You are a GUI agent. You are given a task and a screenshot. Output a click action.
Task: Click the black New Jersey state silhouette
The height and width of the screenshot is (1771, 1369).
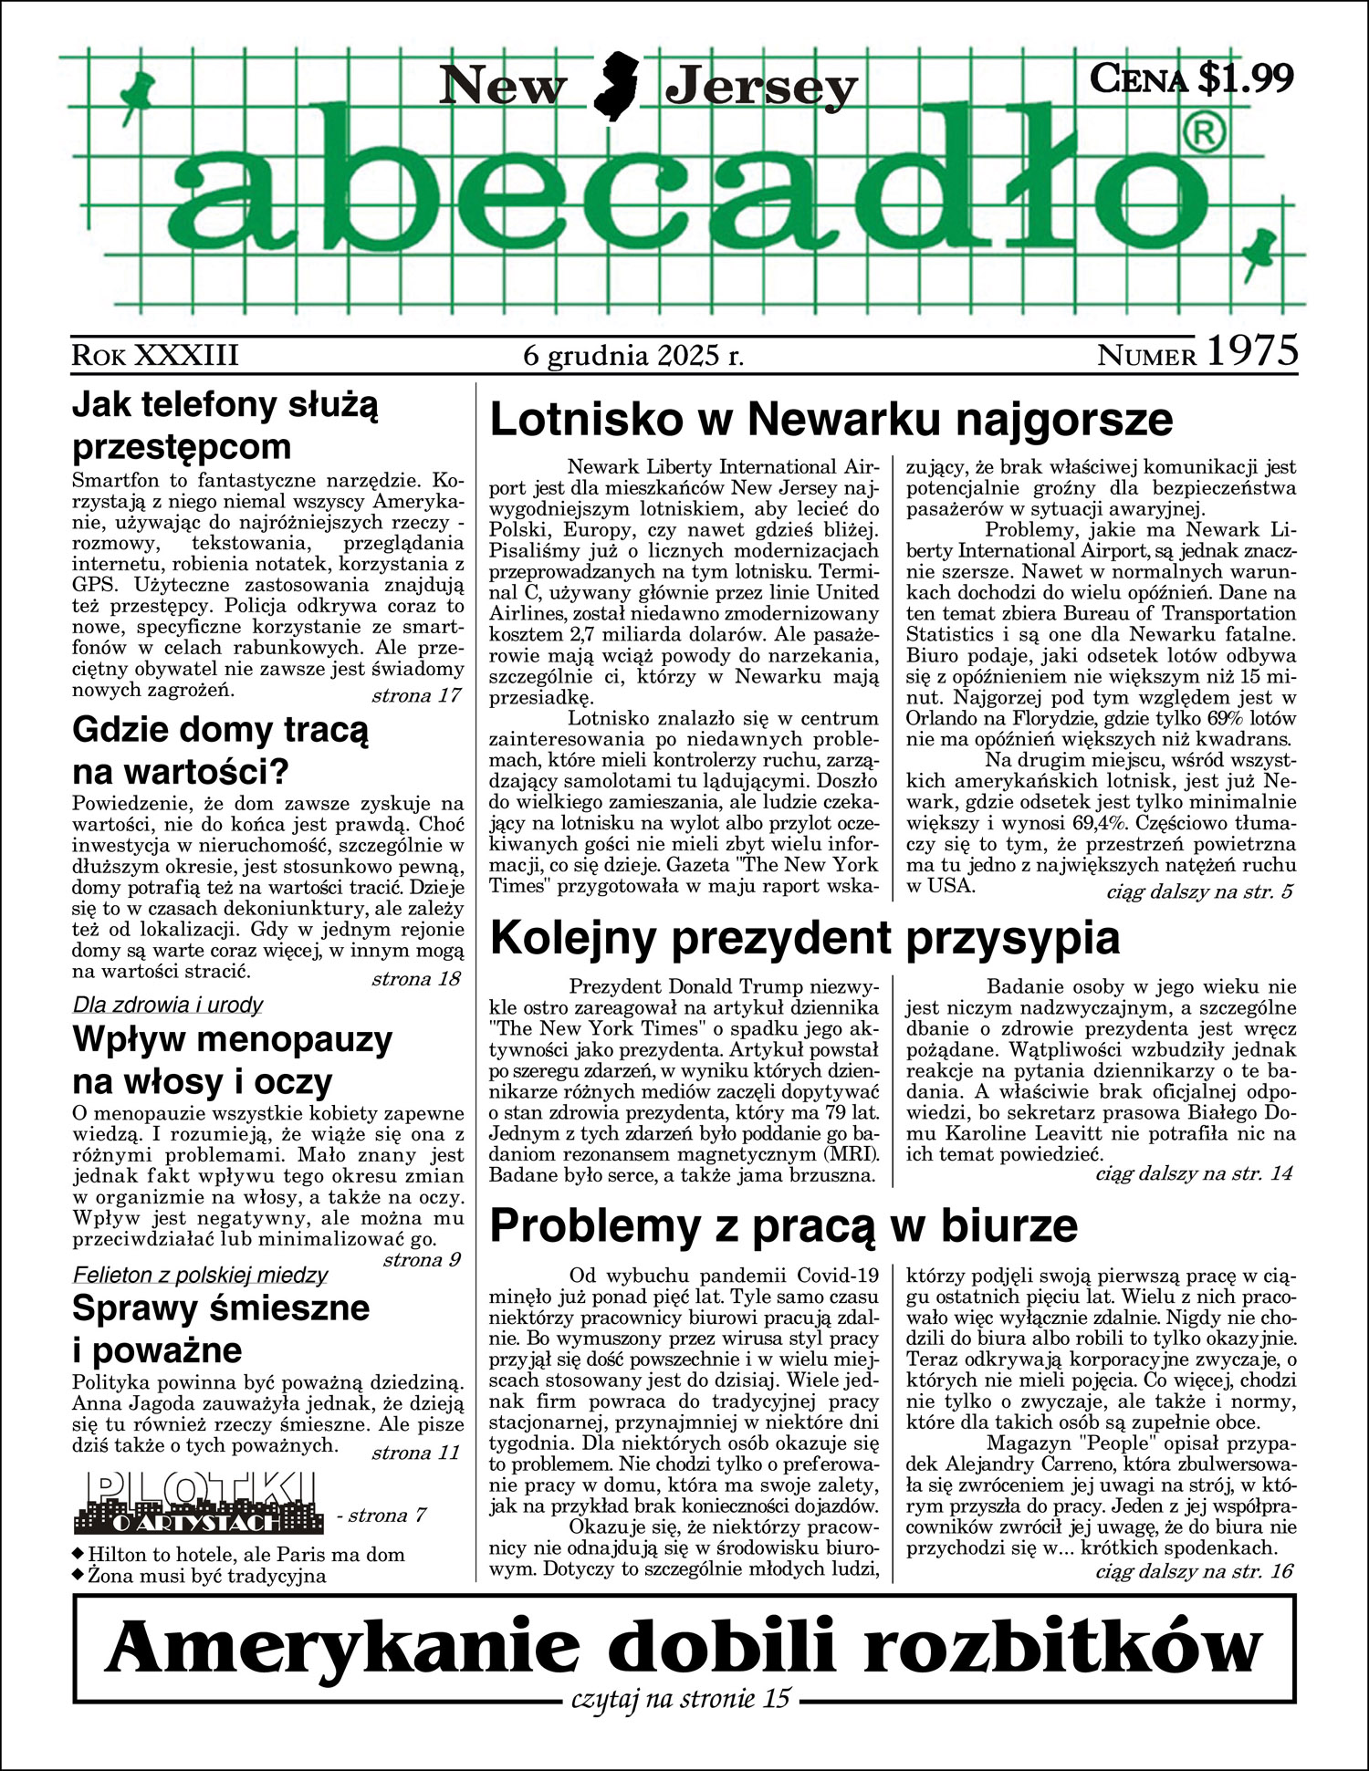pyautogui.click(x=617, y=87)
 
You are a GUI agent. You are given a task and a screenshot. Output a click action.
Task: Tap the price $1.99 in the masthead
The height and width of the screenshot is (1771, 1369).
pyautogui.click(x=1246, y=78)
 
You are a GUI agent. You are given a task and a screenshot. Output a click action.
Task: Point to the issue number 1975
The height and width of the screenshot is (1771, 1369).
pyautogui.click(x=1251, y=352)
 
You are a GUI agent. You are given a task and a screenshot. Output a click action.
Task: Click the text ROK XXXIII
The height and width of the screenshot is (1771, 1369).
pyautogui.click(x=155, y=355)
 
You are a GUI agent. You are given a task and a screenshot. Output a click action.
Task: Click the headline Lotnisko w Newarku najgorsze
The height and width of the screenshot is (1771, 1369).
pyautogui.click(x=831, y=420)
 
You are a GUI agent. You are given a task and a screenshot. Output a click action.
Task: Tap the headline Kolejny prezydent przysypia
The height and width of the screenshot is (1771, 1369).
pyautogui.click(x=805, y=938)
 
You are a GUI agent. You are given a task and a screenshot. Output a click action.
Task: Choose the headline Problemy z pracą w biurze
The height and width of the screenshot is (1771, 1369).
pyautogui.click(x=783, y=1225)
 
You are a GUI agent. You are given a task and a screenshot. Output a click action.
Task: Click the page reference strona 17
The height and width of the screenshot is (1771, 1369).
pyautogui.click(x=415, y=695)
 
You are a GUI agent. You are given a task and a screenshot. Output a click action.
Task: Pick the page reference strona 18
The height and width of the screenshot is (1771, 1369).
pyautogui.click(x=415, y=979)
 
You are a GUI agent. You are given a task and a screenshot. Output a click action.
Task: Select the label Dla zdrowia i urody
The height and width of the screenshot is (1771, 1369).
pyautogui.click(x=168, y=1005)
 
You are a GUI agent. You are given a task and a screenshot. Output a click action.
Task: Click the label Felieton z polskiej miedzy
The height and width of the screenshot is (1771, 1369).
pyautogui.click(x=200, y=1275)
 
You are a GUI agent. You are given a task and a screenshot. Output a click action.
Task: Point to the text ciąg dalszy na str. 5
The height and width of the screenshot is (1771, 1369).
pyautogui.click(x=1199, y=891)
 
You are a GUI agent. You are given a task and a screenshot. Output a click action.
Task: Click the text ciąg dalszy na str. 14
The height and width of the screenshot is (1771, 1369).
pyautogui.click(x=1194, y=1173)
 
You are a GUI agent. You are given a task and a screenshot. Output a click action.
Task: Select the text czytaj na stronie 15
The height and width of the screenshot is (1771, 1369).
pyautogui.click(x=680, y=1699)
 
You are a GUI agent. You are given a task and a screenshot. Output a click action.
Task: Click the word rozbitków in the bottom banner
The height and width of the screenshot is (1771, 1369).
pyautogui.click(x=1062, y=1645)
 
